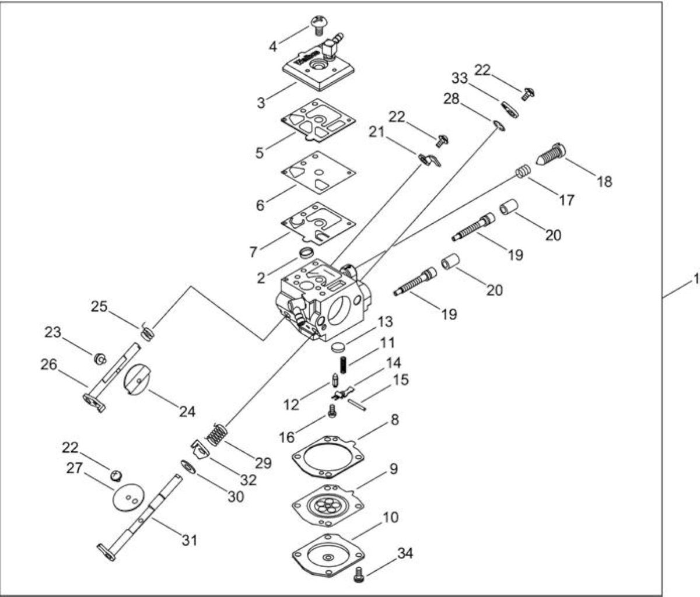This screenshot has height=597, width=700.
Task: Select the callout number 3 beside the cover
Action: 261,103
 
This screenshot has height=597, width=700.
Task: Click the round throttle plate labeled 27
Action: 128,496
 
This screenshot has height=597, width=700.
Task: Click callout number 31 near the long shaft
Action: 190,540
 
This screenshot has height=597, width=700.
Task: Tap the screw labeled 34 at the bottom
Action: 359,574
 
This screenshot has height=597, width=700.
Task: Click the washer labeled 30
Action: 187,468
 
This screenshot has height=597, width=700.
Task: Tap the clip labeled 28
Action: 499,126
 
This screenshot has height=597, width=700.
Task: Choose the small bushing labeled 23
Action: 100,359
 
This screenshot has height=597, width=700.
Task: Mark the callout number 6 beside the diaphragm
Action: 260,205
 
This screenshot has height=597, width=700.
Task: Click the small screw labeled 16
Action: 332,412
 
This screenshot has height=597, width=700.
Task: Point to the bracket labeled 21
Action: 429,160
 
